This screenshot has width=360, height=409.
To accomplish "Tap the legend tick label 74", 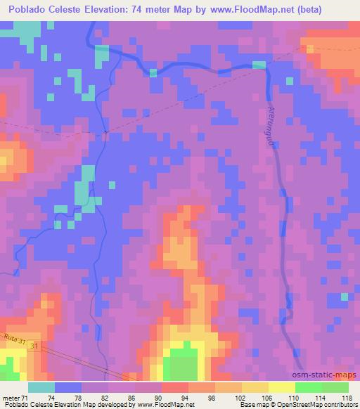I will [x=51, y=397].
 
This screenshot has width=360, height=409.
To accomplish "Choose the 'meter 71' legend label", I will [x=16, y=397].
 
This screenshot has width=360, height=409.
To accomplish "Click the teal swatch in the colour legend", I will [x=41, y=387].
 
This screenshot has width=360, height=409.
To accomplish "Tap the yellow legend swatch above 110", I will [x=282, y=387].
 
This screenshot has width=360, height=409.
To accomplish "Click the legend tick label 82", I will [x=104, y=397].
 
